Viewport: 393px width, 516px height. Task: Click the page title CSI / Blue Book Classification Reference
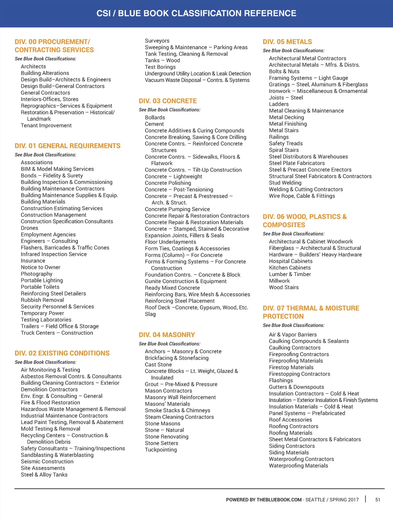click(x=196, y=13)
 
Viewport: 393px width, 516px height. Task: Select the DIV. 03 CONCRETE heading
click(x=168, y=101)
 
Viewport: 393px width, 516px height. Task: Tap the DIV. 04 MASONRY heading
click(x=167, y=335)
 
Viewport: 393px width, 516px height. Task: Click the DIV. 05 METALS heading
click(x=287, y=42)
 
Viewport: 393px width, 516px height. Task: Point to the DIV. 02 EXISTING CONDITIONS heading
click(x=62, y=353)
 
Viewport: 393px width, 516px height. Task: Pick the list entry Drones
click(x=30, y=228)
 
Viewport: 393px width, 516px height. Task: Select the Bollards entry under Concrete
click(x=155, y=117)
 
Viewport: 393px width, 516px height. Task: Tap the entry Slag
click(x=150, y=314)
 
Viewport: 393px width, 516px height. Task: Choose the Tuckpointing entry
click(x=161, y=450)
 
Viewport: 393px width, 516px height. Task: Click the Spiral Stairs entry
click(x=284, y=150)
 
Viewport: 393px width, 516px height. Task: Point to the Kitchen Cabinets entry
click(x=290, y=268)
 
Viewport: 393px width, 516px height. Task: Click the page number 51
click(x=378, y=499)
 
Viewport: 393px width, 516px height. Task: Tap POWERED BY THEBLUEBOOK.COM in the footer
click(x=264, y=499)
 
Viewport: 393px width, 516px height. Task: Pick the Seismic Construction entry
click(x=47, y=461)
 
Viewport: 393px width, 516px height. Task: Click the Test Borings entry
click(x=160, y=67)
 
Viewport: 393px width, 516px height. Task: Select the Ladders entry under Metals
click(x=279, y=104)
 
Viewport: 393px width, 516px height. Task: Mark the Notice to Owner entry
click(x=40, y=267)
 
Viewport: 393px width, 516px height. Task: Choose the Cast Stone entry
click(x=158, y=364)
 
